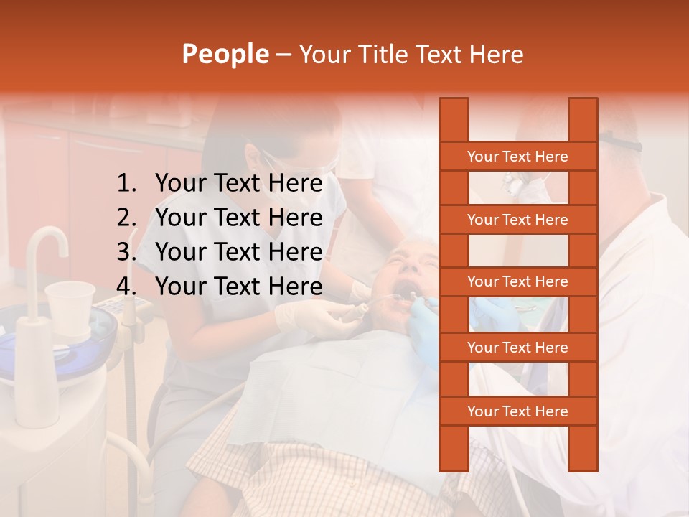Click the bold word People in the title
click(225, 55)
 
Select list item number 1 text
click(238, 184)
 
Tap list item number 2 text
click(238, 218)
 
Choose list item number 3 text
click(238, 252)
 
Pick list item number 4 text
click(238, 287)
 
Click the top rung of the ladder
click(517, 157)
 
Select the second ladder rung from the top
click(517, 220)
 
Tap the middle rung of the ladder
click(517, 281)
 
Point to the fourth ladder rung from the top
click(517, 348)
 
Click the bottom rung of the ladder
click(517, 411)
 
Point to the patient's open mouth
click(406, 292)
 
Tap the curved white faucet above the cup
click(47, 248)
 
